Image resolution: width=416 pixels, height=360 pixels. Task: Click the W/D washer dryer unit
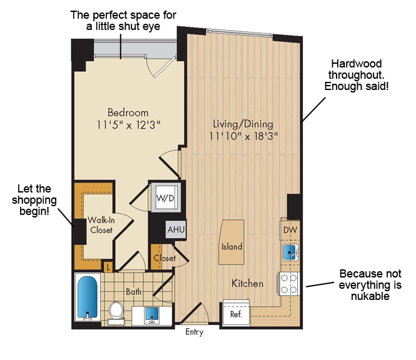[166, 197]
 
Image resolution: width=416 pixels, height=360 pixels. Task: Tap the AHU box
[176, 229]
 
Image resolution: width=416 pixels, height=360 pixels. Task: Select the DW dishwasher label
[290, 230]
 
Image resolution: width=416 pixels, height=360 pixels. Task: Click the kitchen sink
[291, 252]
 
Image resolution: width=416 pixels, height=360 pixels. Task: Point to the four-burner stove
[288, 284]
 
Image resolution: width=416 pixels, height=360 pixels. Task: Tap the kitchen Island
[231, 242]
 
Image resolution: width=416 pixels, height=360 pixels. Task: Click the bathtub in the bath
[88, 297]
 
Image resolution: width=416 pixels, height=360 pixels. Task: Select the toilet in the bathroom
[116, 313]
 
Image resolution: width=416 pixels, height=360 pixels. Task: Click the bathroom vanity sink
[152, 315]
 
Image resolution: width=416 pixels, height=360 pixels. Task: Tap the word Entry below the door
[195, 332]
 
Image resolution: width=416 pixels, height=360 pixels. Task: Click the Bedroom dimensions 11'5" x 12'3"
[128, 124]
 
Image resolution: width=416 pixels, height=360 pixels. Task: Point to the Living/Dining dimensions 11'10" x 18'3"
[243, 136]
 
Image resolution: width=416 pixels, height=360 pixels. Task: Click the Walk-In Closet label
[101, 225]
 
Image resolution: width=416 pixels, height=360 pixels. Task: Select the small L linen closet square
[108, 267]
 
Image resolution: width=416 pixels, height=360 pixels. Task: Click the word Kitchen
[248, 284]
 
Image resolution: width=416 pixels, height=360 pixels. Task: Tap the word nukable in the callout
[370, 296]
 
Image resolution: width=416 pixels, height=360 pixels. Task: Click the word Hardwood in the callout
[357, 64]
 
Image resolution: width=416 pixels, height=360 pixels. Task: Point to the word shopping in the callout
[34, 201]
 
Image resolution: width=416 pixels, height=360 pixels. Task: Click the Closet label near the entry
[165, 258]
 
